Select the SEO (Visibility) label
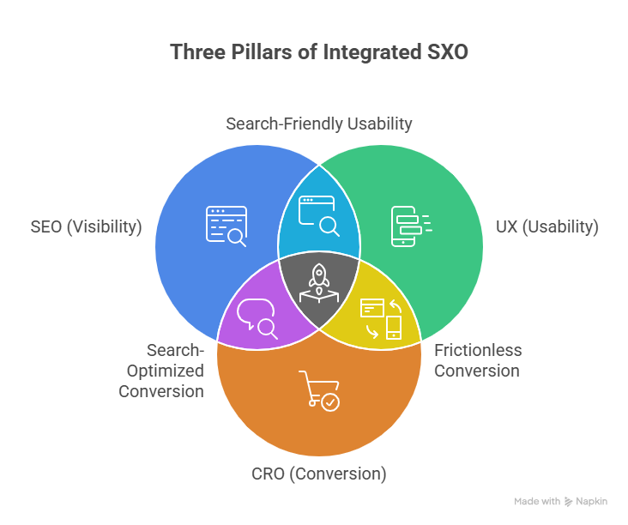pyautogui.click(x=85, y=227)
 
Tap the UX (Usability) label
pyautogui.click(x=546, y=227)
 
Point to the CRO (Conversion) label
pyautogui.click(x=318, y=474)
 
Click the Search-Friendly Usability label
pyautogui.click(x=318, y=124)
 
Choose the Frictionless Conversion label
pyautogui.click(x=477, y=360)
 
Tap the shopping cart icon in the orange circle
pyautogui.click(x=318, y=390)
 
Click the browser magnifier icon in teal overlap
pyautogui.click(x=318, y=215)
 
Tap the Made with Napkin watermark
pyautogui.click(x=561, y=501)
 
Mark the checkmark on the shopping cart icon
pyautogui.click(x=330, y=401)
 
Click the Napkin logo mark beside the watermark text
pyautogui.click(x=569, y=501)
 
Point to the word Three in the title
pyautogui.click(x=194, y=52)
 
